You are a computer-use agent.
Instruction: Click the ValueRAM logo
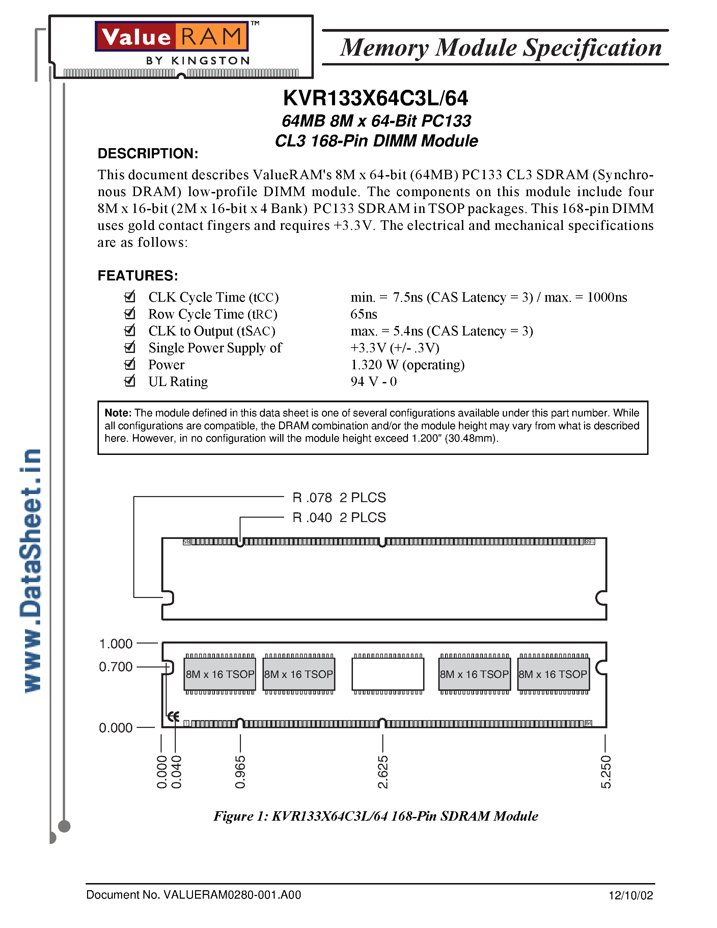172,36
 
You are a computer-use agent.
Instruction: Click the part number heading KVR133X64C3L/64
376,99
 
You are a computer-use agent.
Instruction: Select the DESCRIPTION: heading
148,154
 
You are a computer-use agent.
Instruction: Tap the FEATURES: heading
138,276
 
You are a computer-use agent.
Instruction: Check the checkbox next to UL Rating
130,381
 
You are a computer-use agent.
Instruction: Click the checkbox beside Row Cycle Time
130,313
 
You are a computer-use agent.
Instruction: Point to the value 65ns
364,314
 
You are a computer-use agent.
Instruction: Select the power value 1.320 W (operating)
407,364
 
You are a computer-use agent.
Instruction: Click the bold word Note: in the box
118,413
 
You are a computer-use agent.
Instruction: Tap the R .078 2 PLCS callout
339,497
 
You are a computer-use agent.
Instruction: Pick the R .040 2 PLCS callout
339,518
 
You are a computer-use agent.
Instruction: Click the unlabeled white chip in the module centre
388,674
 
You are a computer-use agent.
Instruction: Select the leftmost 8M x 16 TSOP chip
220,674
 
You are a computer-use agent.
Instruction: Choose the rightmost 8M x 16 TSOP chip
553,674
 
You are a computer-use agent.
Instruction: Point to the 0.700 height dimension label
115,667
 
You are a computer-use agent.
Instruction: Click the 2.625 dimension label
383,772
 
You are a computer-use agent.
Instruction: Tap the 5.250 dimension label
606,772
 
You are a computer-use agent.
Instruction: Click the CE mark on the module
173,717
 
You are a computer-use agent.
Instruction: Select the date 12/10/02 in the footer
631,896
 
